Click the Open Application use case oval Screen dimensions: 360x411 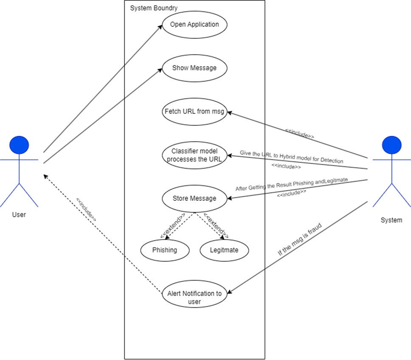(x=194, y=25)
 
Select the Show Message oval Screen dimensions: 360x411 (x=194, y=68)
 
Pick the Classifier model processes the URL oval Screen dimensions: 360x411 (x=194, y=155)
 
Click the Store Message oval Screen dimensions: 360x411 (x=194, y=198)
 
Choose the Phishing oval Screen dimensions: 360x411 (x=165, y=250)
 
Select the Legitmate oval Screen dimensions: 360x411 (x=224, y=250)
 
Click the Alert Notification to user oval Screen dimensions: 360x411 (x=194, y=294)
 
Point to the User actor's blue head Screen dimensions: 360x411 (x=19, y=145)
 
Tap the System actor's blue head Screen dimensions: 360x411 (x=391, y=145)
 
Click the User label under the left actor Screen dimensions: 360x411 (x=19, y=215)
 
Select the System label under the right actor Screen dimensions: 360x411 (x=391, y=220)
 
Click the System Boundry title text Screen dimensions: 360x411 (x=154, y=8)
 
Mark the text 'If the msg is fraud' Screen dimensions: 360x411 (x=300, y=239)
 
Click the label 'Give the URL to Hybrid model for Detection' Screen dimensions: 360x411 (x=291, y=157)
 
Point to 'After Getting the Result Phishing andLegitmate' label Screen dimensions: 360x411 (x=292, y=185)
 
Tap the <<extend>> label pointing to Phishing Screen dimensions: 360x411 (x=172, y=225)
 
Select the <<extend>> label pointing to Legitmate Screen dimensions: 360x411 (x=216, y=225)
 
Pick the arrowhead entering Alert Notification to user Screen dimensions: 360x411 (x=230, y=292)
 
